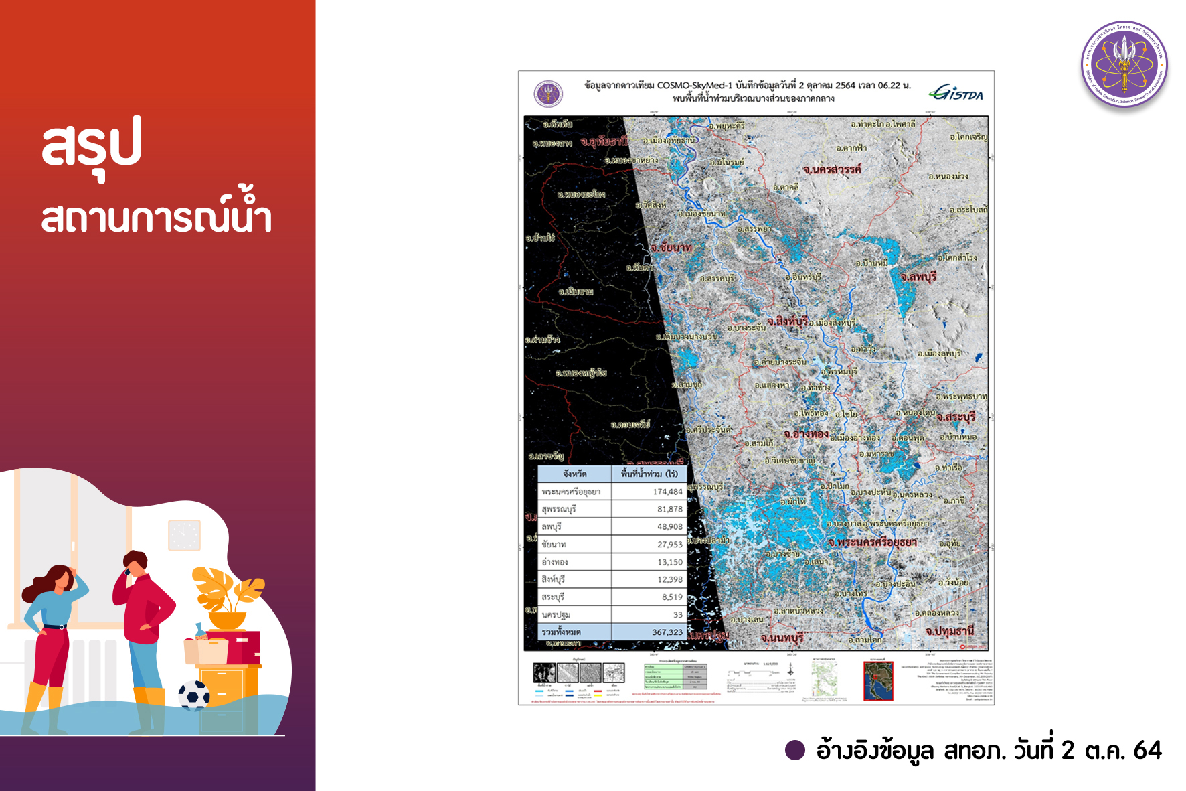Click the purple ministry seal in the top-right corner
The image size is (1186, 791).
[x=1124, y=64]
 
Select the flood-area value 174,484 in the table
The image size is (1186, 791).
[x=667, y=492]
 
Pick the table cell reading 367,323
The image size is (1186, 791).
[x=667, y=632]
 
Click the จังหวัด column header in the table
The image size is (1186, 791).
[x=574, y=474]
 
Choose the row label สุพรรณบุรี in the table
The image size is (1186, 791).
[x=559, y=510]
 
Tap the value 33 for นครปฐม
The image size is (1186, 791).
[x=677, y=615]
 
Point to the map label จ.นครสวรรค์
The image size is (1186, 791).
[x=831, y=170]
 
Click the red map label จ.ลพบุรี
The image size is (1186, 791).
[x=918, y=277]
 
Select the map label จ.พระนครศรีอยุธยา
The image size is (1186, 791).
[x=871, y=542]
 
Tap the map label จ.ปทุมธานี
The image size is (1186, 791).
[x=949, y=631]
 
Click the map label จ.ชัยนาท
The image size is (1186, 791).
[x=671, y=248]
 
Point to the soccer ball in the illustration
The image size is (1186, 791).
[x=194, y=696]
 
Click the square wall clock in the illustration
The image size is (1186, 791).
[x=184, y=535]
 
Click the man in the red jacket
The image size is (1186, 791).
[x=142, y=630]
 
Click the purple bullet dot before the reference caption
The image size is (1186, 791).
[x=794, y=750]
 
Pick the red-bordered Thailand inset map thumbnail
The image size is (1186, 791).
[x=878, y=680]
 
